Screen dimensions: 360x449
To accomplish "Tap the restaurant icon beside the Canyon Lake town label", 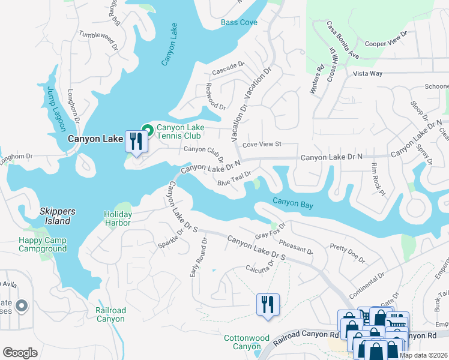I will [136, 142].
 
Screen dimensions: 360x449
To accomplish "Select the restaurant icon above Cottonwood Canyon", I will [267, 304].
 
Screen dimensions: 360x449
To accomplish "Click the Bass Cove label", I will [239, 22].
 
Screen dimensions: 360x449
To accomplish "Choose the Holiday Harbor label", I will [117, 218].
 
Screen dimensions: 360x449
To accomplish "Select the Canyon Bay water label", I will [293, 203].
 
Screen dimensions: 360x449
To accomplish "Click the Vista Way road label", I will [367, 73].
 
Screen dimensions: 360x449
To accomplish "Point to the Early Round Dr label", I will [199, 257].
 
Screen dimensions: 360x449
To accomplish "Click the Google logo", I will [20, 353].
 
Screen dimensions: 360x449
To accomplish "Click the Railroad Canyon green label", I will [110, 314].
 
